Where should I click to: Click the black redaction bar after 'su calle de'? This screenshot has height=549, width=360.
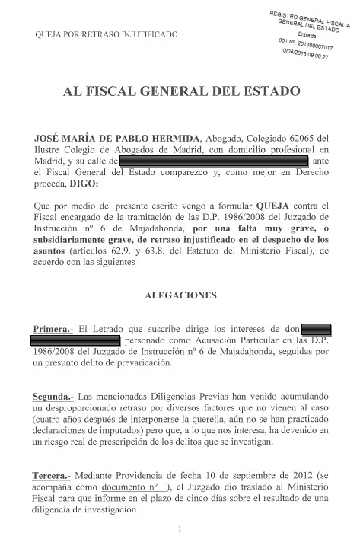click(213, 161)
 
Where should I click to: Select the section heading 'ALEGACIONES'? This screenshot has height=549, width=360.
click(180, 294)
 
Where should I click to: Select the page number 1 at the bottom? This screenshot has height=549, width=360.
click(180, 528)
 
